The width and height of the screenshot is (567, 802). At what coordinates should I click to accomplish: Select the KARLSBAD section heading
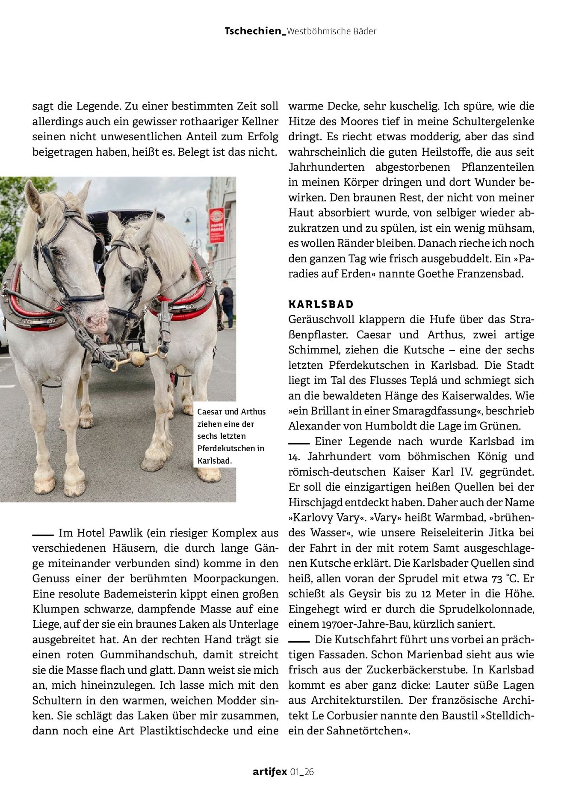pyautogui.click(x=321, y=305)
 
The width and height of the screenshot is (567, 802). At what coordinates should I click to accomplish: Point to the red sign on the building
pyautogui.click(x=216, y=225)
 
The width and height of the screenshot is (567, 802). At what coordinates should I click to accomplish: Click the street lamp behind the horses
pyautogui.click(x=189, y=218)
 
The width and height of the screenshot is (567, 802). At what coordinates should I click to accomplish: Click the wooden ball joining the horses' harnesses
pyautogui.click(x=138, y=358)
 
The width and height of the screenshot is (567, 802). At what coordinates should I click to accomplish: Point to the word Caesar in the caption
pyautogui.click(x=210, y=412)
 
